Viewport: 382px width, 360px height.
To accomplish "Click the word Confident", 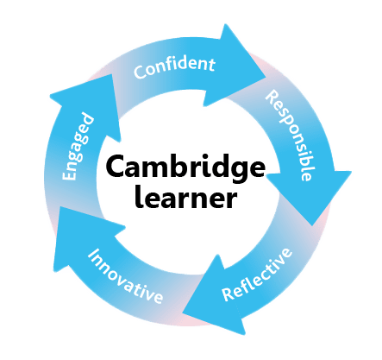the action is pos(174,67).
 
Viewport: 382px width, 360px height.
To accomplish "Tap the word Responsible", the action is pos(289,136).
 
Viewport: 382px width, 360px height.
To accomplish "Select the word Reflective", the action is pos(258,275).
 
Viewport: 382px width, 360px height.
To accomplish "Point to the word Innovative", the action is pos(125,275).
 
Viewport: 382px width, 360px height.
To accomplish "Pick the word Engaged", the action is pos(78,147).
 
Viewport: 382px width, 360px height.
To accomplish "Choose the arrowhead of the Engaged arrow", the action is pos(89,104).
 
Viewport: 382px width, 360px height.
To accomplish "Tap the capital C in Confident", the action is pos(140,72).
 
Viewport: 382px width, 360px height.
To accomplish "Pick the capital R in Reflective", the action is pos(229,294).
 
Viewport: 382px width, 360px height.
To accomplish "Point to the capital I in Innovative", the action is pos(92,255).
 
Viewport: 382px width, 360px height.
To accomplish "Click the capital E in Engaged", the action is pos(69,174).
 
